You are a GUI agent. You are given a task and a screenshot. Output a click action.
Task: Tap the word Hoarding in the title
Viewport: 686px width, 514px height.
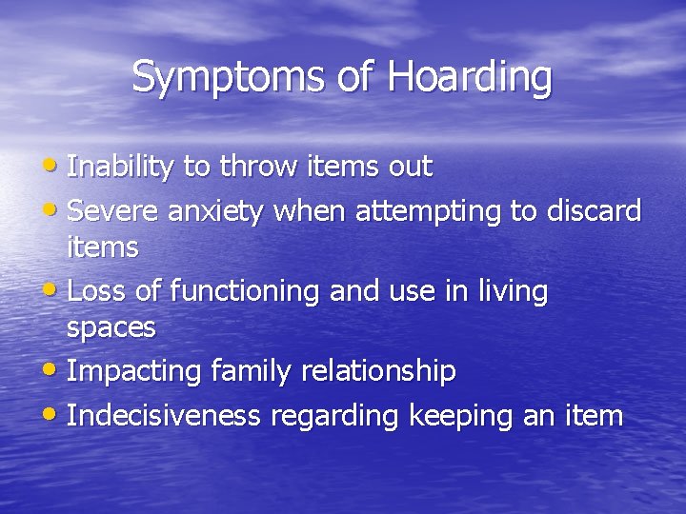click(x=470, y=77)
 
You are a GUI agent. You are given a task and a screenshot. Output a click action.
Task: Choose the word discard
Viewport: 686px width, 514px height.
click(x=595, y=209)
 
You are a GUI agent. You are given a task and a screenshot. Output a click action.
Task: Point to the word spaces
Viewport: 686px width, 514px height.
click(x=111, y=328)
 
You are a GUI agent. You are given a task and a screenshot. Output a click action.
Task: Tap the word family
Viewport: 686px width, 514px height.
click(x=244, y=371)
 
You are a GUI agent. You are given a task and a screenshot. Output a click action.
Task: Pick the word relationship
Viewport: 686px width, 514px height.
click(x=378, y=371)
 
